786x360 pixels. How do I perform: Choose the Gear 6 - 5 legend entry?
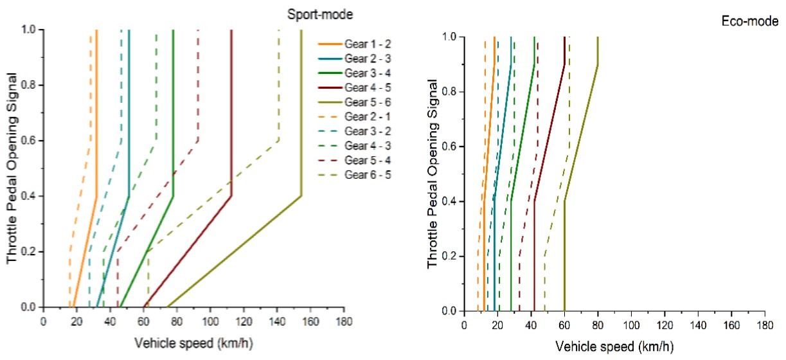(x=365, y=174)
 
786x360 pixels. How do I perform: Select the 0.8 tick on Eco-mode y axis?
(x=451, y=92)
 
